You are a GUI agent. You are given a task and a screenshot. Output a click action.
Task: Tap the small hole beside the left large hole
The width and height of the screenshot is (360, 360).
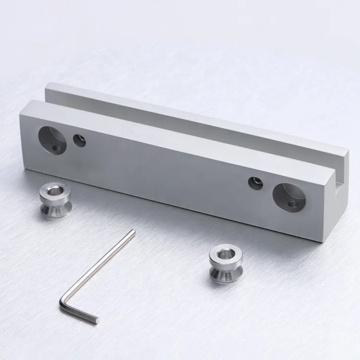point(79,140)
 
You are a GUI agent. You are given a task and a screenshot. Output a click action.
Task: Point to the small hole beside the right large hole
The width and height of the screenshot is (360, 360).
point(254,182)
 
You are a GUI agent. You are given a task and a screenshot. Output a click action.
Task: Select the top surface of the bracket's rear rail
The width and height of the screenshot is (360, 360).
point(192,116)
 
